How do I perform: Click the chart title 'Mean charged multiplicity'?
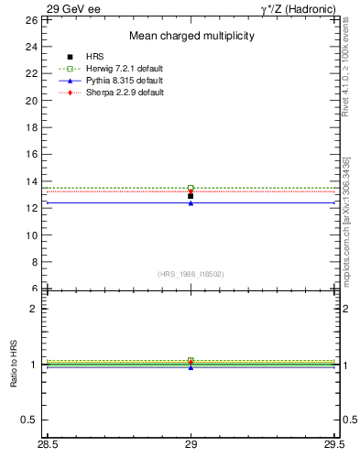coord(191,36)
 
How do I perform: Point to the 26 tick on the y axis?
coord(30,19)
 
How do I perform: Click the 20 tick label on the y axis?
coord(30,100)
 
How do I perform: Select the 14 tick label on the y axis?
coord(30,181)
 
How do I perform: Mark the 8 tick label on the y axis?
coord(33,262)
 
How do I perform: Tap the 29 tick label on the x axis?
coord(191,445)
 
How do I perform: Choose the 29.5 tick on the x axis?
coord(333,445)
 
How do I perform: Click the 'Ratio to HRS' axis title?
coord(13,365)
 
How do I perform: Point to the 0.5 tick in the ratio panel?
coord(28,420)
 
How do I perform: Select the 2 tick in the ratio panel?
coord(33,309)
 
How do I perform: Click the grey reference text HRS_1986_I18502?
coord(191,274)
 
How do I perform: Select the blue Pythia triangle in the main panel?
coord(191,202)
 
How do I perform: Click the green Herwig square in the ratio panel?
coord(191,360)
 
